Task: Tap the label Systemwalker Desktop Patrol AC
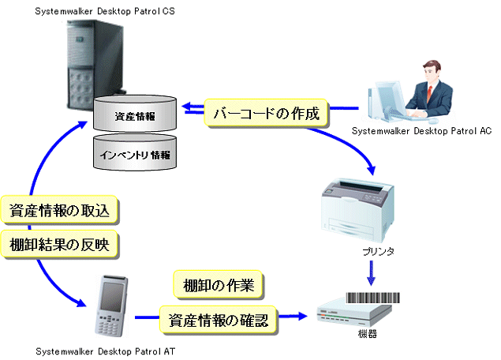pyautogui.click(x=421, y=130)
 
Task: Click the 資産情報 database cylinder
pyautogui.click(x=134, y=114)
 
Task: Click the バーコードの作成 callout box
pyautogui.click(x=267, y=113)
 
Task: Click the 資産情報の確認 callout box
pyautogui.click(x=218, y=320)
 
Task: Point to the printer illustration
pyautogui.click(x=359, y=208)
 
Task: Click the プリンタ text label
pyautogui.click(x=372, y=251)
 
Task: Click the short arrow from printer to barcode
pyautogui.click(x=372, y=273)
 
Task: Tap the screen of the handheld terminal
pyautogui.click(x=111, y=292)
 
